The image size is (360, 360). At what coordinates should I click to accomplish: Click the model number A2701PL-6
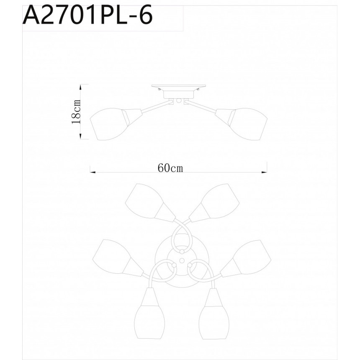[87, 15]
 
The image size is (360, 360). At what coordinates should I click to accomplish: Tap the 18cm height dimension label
[76, 112]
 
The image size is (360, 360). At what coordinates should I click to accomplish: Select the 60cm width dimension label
[170, 168]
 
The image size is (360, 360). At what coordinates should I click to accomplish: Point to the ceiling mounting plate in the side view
[178, 87]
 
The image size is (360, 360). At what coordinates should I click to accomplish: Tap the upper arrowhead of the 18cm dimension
[81, 87]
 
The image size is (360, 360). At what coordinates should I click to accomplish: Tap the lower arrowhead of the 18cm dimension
[81, 136]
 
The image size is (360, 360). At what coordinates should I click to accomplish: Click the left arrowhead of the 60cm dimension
[93, 172]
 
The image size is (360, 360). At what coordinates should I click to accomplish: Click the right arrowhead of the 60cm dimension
[265, 172]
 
